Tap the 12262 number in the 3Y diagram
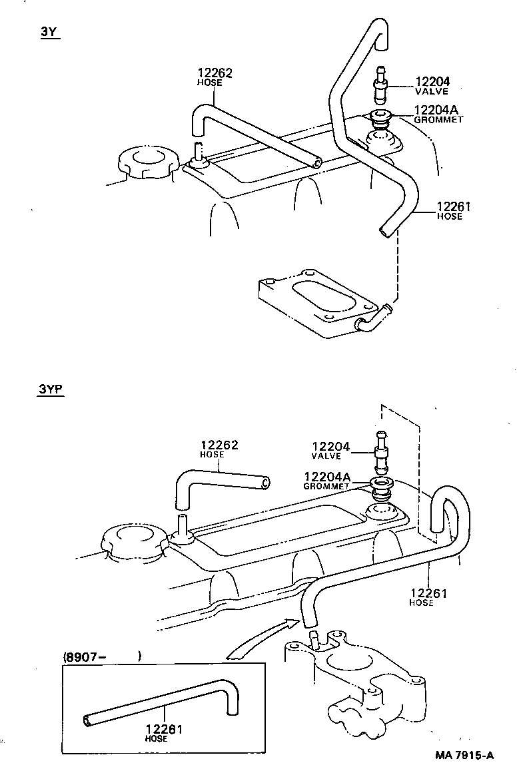[215, 73]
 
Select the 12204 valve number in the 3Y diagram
[432, 82]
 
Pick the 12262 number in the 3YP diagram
[220, 445]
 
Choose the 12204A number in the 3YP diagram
[326, 477]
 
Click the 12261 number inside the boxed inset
[164, 729]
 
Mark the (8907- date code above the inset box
[85, 656]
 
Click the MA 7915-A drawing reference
[464, 754]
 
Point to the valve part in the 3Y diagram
[380, 87]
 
